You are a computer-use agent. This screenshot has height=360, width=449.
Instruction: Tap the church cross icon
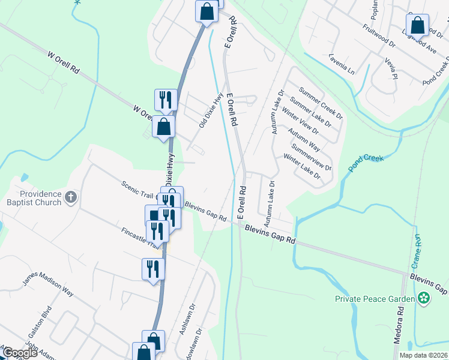pyautogui.click(x=71, y=197)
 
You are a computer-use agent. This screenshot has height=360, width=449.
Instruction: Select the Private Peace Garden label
pyautogui.click(x=375, y=298)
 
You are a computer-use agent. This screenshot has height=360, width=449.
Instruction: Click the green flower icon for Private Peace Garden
pyautogui.click(x=424, y=298)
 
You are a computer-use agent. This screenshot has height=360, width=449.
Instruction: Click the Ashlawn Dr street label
pyautogui.click(x=188, y=323)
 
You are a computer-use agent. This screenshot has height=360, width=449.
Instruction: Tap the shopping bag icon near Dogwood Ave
pyautogui.click(x=417, y=26)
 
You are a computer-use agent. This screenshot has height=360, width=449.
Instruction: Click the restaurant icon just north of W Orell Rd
pyautogui.click(x=165, y=100)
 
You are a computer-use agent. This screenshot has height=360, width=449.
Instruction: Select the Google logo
pyautogui.click(x=20, y=353)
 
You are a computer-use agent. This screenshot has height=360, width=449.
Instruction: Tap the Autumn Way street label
pyautogui.click(x=303, y=139)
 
